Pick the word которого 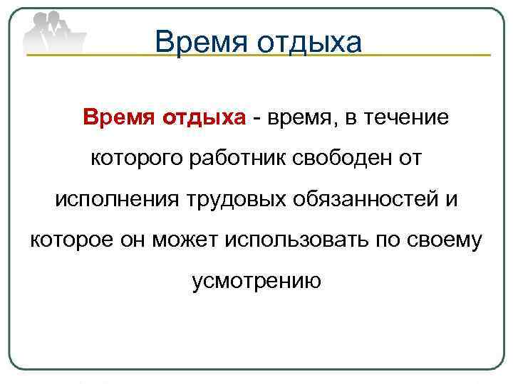[136, 158]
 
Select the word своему [448, 240]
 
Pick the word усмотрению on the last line [256, 282]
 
